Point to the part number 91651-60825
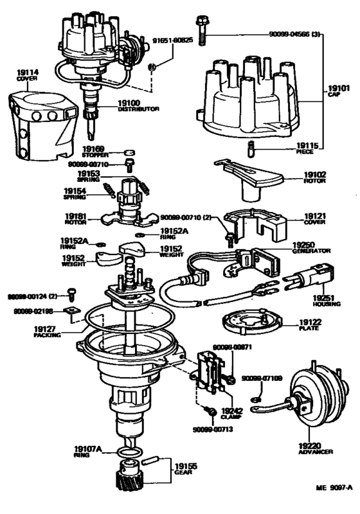[172, 39]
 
